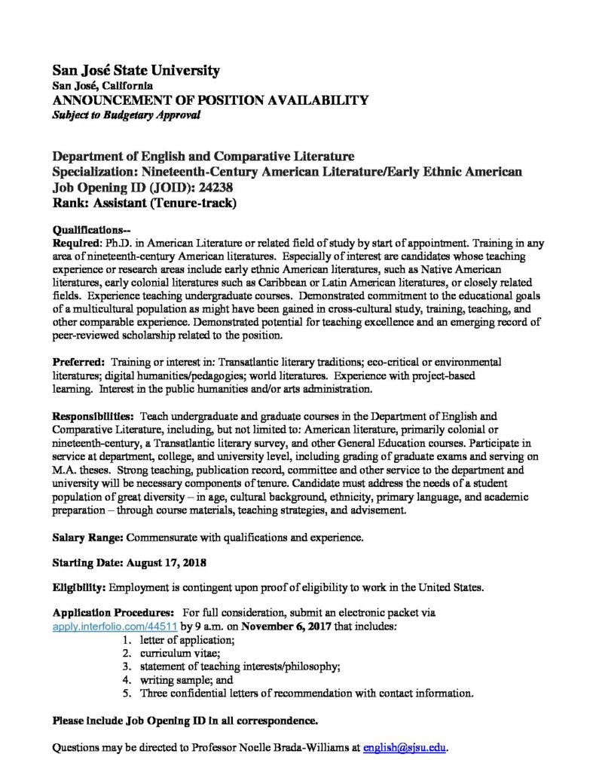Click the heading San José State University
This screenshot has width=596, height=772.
(x=136, y=71)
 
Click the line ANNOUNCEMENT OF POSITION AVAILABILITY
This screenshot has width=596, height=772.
(x=210, y=100)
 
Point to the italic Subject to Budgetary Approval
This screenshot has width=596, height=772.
(x=127, y=115)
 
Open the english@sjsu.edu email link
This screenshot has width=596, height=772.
(x=405, y=748)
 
